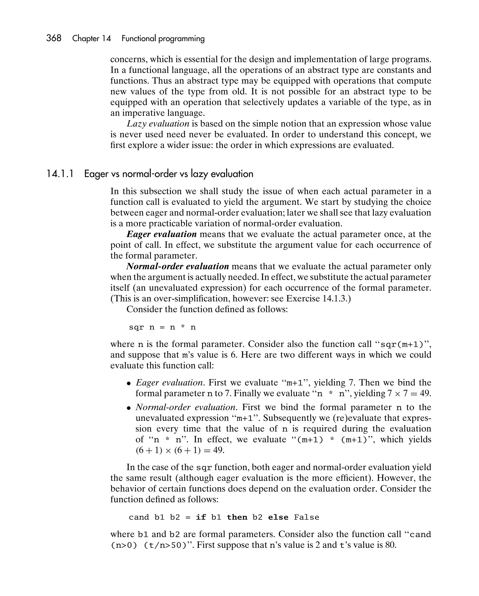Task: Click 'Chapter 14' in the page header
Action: (x=91, y=38)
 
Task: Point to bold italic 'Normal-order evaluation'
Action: (x=178, y=266)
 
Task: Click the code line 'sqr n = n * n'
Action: (x=162, y=327)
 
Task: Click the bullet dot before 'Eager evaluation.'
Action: (x=129, y=383)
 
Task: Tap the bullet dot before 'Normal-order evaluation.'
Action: (x=129, y=408)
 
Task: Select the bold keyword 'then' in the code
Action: (x=237, y=517)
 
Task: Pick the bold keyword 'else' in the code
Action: (x=278, y=517)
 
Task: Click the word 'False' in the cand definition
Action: (x=306, y=517)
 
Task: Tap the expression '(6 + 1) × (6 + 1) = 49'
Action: (x=180, y=450)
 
